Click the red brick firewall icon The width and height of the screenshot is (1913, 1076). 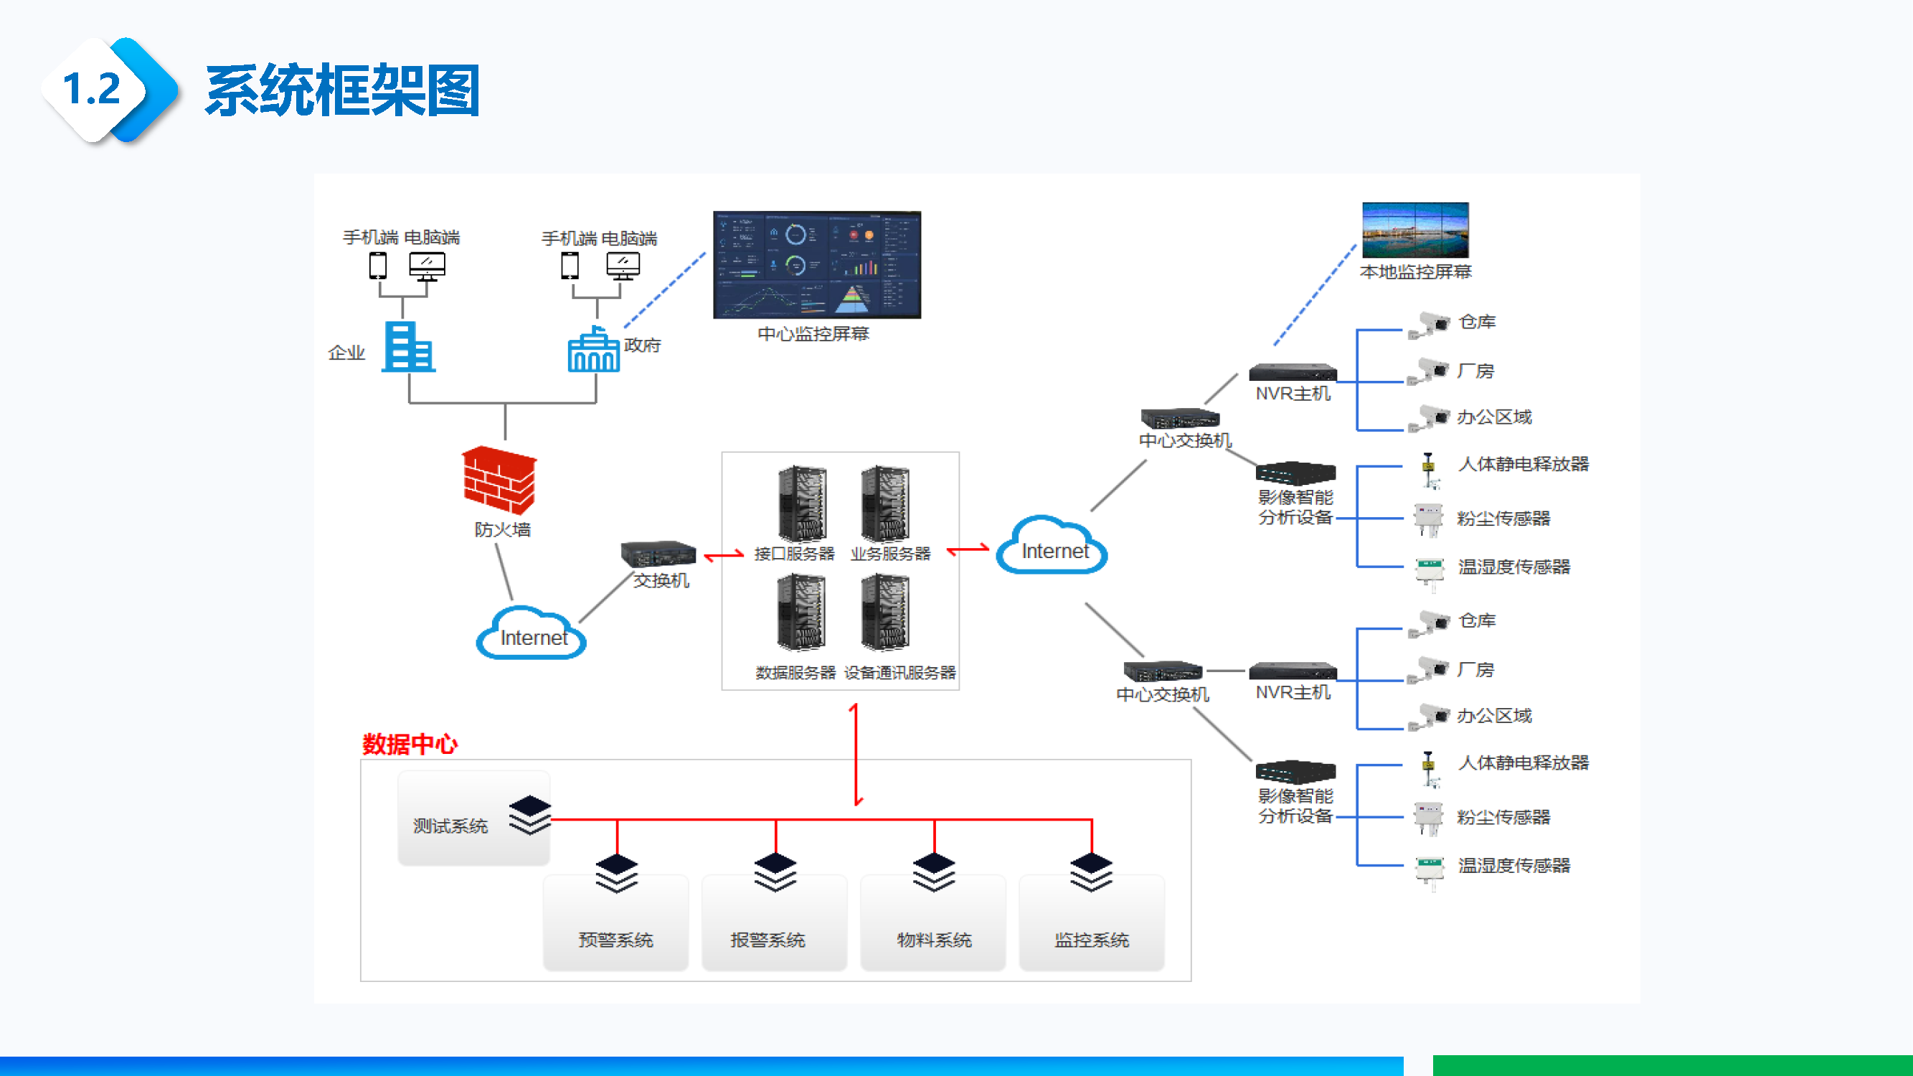tap(499, 479)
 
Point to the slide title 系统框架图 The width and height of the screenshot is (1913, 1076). tap(342, 90)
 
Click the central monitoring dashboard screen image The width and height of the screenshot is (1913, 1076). tap(817, 265)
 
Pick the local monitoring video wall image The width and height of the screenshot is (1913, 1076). tap(1414, 230)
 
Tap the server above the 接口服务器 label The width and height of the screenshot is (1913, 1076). tap(802, 504)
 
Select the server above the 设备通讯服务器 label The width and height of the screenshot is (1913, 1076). tap(885, 613)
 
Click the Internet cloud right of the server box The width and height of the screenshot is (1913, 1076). tap(1052, 547)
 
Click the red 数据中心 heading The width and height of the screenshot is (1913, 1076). tap(410, 744)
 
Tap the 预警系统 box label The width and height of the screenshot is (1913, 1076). tap(615, 940)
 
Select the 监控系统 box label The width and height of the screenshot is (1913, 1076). tap(1092, 940)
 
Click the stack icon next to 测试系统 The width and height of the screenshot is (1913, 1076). tap(530, 815)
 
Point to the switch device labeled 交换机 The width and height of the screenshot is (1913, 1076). tap(658, 554)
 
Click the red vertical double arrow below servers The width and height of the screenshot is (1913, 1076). tap(856, 755)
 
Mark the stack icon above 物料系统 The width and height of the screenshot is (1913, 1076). tap(933, 872)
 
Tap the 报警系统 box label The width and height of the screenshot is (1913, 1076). tap(768, 940)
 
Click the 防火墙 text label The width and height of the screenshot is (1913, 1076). tap(503, 529)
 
